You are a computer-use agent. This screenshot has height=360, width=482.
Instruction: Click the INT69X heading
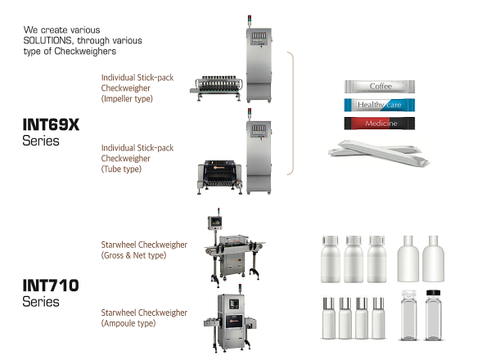click(x=51, y=125)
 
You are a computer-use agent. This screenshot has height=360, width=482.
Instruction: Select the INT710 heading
click(x=51, y=286)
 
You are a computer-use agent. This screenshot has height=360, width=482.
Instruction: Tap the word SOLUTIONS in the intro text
click(x=47, y=41)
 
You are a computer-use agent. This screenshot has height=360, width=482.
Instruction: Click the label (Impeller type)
click(x=127, y=99)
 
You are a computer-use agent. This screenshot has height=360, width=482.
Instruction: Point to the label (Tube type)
click(x=121, y=169)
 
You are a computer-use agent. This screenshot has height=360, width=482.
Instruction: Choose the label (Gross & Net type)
click(x=133, y=255)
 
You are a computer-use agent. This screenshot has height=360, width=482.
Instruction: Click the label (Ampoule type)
click(x=128, y=323)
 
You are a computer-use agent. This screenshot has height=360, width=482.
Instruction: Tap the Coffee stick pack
click(x=380, y=87)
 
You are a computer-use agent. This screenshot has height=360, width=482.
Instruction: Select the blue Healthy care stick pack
click(x=380, y=105)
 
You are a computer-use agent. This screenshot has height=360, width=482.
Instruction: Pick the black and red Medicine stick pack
click(x=380, y=124)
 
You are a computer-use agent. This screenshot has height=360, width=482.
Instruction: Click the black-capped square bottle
click(x=433, y=315)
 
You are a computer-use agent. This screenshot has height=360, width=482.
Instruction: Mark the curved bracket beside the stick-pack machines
click(x=293, y=113)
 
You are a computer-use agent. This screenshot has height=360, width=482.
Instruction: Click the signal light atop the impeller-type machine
click(x=250, y=20)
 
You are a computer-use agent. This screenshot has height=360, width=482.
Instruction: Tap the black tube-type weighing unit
click(x=219, y=176)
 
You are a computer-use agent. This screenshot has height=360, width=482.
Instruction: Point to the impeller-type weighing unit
click(x=216, y=88)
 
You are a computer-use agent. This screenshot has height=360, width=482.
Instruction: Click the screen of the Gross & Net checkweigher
click(x=216, y=222)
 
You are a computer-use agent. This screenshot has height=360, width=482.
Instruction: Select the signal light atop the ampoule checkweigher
click(x=240, y=289)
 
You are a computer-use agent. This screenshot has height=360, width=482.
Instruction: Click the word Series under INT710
click(x=41, y=302)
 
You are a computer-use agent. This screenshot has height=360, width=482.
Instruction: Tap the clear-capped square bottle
click(x=409, y=315)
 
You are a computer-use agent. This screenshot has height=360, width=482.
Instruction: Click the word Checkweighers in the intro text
click(x=85, y=51)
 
